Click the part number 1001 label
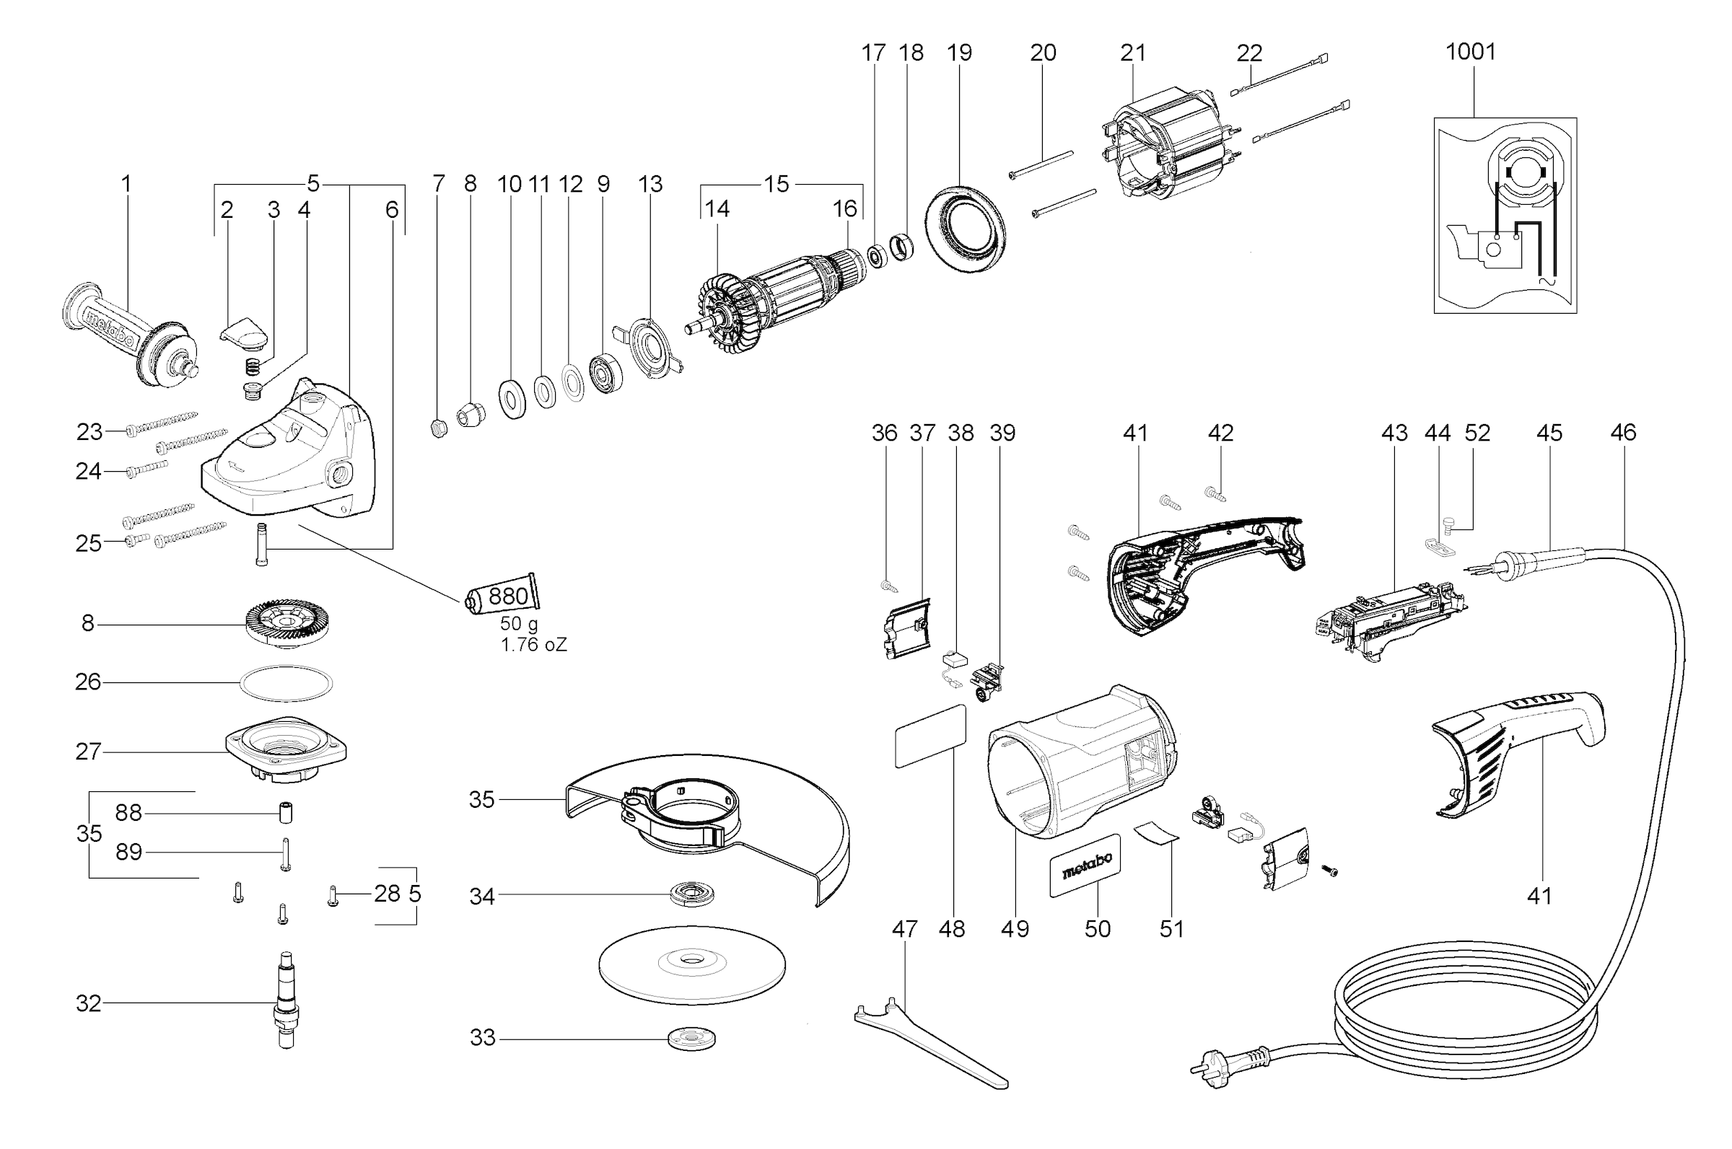1470,51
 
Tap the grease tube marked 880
503,596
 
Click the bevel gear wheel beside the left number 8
287,624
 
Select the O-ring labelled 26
286,683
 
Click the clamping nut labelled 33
691,1039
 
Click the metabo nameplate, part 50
1085,865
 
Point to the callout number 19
958,53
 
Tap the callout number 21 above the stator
1132,53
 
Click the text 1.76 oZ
533,645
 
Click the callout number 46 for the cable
1623,432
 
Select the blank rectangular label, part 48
930,736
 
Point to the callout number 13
650,184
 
